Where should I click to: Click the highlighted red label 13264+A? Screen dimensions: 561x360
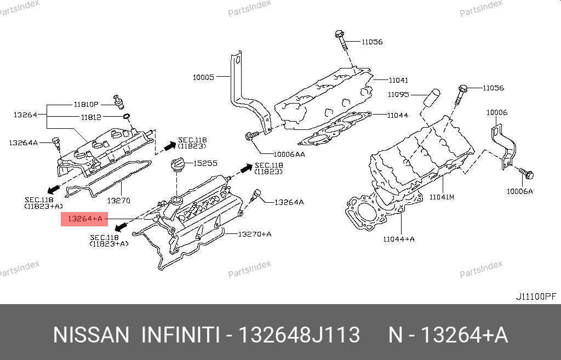(x=84, y=219)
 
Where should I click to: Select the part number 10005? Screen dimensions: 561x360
(x=203, y=77)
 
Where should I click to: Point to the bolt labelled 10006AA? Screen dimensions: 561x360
(x=252, y=136)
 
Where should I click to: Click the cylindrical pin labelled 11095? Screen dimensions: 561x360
(x=432, y=98)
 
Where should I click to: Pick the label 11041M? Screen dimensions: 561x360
(x=442, y=197)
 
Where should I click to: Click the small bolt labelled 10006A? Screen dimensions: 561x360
(x=525, y=174)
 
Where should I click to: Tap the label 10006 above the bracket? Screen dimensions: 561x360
(x=496, y=112)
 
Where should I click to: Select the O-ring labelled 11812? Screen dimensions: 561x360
(x=127, y=116)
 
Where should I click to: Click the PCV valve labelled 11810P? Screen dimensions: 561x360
(x=118, y=102)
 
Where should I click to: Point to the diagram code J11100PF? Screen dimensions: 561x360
(x=536, y=296)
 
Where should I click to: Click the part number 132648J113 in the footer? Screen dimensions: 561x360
(x=299, y=335)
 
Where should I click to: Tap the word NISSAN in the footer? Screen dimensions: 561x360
(x=91, y=335)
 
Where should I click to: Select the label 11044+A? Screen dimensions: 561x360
(x=399, y=239)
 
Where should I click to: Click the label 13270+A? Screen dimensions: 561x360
(x=255, y=235)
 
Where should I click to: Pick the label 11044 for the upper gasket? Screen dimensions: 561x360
(x=398, y=115)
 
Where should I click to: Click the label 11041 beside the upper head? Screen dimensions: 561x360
(x=398, y=81)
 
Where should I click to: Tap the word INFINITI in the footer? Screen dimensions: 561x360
(x=181, y=335)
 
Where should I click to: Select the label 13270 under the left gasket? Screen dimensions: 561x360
(x=119, y=201)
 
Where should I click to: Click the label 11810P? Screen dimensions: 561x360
(x=86, y=105)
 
